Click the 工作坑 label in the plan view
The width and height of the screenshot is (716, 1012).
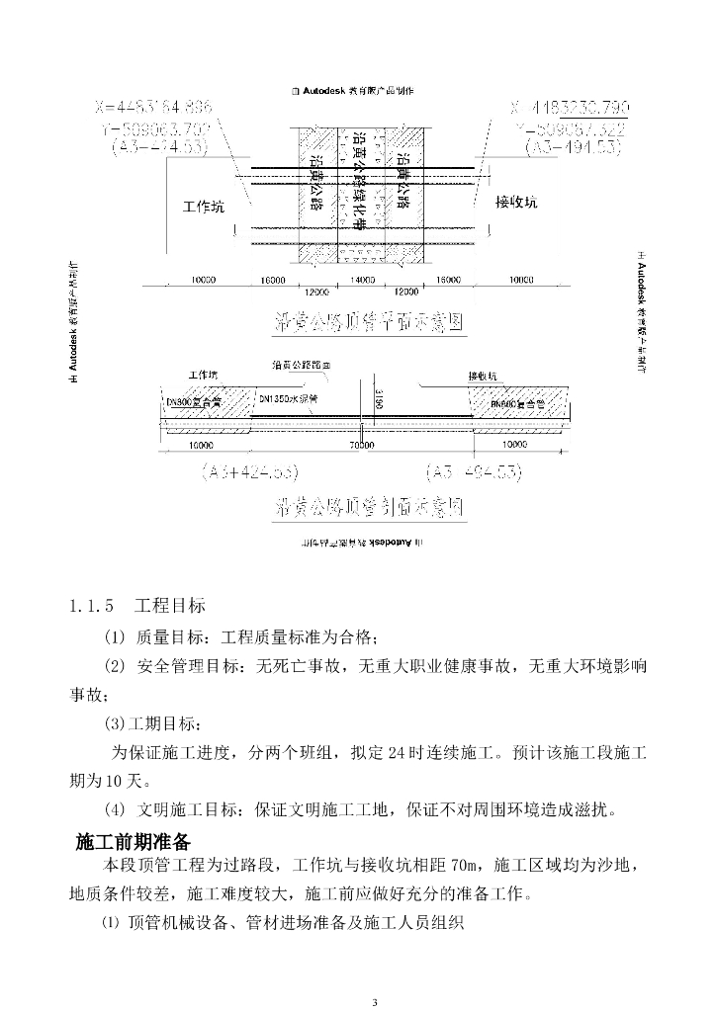(x=204, y=207)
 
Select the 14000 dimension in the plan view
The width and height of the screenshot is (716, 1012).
(x=362, y=281)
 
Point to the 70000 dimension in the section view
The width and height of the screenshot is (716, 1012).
(x=362, y=446)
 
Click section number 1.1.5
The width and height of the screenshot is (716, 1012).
(x=90, y=604)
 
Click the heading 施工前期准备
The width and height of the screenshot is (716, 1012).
(x=134, y=842)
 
